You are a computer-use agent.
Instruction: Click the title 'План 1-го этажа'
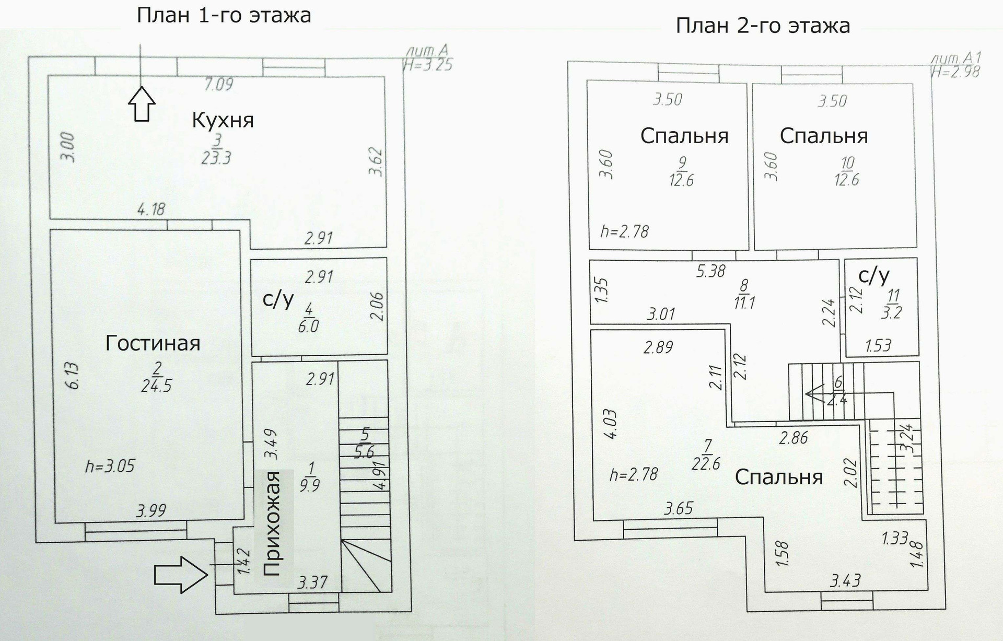(x=224, y=15)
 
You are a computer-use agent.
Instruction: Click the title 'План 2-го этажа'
(x=763, y=25)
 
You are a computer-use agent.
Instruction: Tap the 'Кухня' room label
(x=223, y=120)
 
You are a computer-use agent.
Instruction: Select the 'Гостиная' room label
(x=153, y=343)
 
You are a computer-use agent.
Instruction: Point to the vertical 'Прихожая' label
(x=272, y=523)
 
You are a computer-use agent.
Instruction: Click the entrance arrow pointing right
(x=181, y=574)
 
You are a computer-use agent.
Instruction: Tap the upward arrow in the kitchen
(x=142, y=104)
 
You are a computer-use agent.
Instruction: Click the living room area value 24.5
(x=156, y=386)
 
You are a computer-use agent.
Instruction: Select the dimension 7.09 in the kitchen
(x=218, y=84)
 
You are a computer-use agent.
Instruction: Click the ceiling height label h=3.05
(x=110, y=466)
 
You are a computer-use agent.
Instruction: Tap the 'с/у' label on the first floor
(x=278, y=300)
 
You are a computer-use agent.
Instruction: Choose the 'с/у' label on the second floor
(x=873, y=275)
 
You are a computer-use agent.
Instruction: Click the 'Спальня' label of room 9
(x=684, y=136)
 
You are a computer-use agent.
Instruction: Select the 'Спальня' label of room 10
(x=824, y=136)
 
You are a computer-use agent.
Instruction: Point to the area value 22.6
(x=706, y=463)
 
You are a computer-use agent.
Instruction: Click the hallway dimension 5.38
(x=710, y=271)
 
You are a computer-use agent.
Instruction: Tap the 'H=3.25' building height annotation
(x=427, y=65)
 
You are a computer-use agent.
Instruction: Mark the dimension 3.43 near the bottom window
(x=845, y=580)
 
